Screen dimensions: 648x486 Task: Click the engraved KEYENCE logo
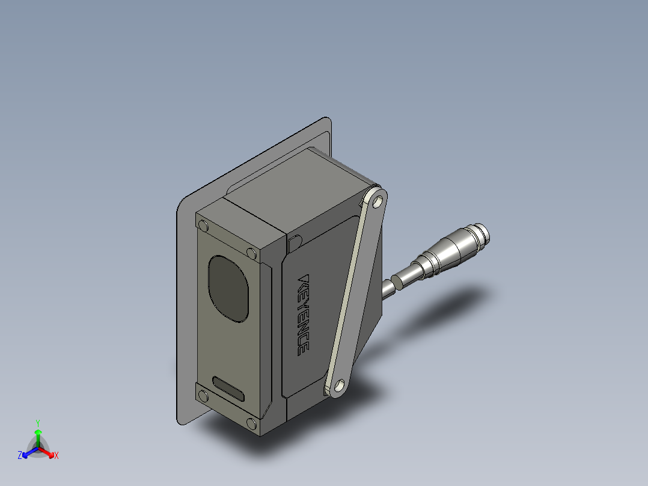coord(304,315)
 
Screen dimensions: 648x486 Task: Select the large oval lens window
coord(228,289)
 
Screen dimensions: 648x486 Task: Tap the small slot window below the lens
coord(228,389)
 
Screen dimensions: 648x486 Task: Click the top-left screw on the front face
coord(203,226)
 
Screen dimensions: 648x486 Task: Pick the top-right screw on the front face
coord(251,253)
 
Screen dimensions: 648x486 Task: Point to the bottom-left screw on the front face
coord(203,396)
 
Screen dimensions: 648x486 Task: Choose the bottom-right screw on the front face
coord(251,423)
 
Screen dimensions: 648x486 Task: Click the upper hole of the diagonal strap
coord(377,202)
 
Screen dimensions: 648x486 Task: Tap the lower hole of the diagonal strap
coord(339,386)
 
